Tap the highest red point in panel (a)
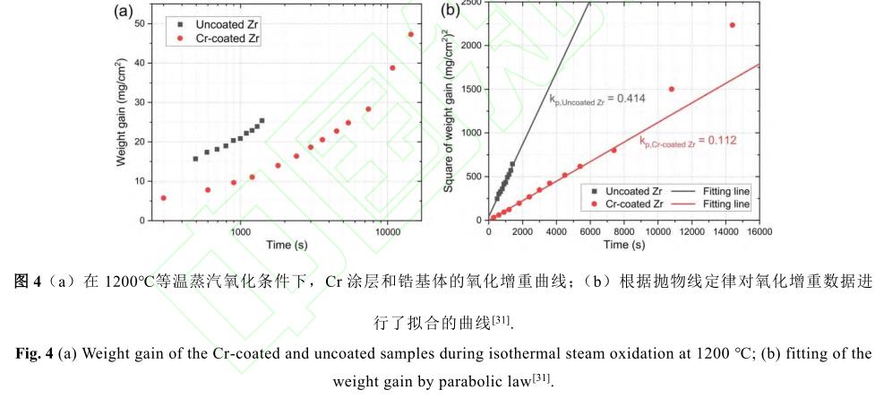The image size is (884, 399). [411, 35]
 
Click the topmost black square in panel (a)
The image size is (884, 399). [262, 120]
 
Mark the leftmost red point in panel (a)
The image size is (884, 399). [163, 198]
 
